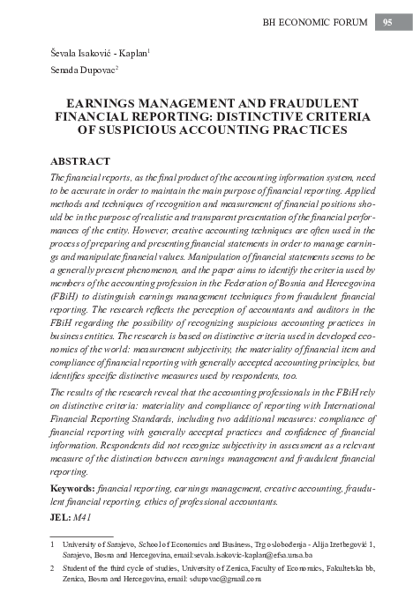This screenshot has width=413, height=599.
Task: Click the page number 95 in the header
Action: pyautogui.click(x=387, y=23)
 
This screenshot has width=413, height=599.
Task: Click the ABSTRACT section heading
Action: pyautogui.click(x=80, y=162)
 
